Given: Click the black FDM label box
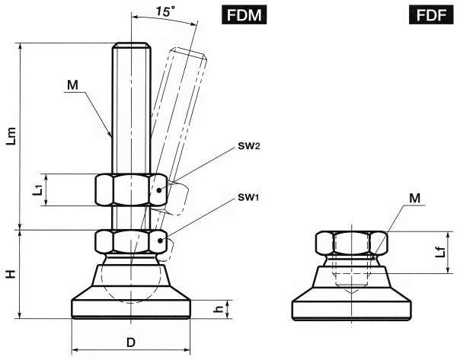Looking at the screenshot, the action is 244,14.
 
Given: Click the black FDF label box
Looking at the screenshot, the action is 431,14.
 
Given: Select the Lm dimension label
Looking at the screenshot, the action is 12,136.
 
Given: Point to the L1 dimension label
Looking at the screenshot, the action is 38,190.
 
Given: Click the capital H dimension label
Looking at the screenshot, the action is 11,274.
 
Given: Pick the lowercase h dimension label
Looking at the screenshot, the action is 219,308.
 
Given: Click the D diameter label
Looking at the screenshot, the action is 131,342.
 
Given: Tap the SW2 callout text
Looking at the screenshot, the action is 249,146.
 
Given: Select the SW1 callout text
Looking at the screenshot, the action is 248,197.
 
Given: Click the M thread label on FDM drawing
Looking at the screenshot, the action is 72,85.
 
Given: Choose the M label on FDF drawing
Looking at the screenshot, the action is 414,199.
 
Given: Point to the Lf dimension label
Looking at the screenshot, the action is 440,253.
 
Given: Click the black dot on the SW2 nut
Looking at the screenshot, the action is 159,190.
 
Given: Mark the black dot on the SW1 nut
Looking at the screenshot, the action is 160,241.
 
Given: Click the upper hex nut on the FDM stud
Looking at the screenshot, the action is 132,190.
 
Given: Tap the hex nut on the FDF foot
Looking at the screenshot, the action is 351,243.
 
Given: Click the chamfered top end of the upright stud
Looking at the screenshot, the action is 132,45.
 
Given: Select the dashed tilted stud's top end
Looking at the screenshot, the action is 189,53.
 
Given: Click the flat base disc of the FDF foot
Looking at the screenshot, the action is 351,311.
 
